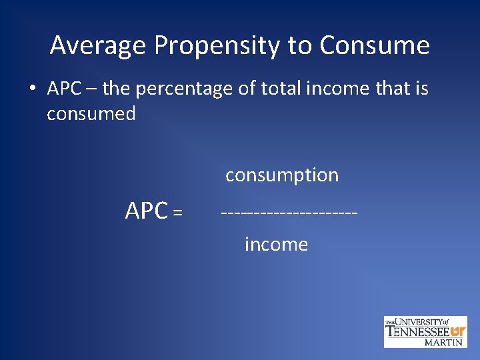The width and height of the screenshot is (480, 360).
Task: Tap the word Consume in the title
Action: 374,46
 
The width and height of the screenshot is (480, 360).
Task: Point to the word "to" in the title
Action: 301,46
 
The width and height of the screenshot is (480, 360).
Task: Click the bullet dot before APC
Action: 34,88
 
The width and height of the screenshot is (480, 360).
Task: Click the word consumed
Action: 91,114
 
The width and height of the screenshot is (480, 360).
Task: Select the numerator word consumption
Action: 282,175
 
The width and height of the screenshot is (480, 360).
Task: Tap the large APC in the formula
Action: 147,211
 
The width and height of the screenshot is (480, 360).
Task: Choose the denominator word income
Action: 276,245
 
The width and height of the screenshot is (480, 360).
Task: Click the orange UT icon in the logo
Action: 458,331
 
